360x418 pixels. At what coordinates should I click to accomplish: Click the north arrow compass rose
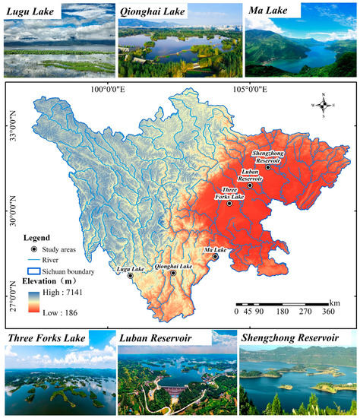pyautogui.click(x=324, y=106)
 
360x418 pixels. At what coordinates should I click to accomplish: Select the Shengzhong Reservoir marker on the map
pyautogui.click(x=268, y=167)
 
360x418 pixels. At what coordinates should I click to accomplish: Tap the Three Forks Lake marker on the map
pyautogui.click(x=229, y=203)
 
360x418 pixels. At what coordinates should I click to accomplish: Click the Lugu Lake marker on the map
pyautogui.click(x=131, y=276)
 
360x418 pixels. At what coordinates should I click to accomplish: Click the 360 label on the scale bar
pyautogui.click(x=329, y=311)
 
